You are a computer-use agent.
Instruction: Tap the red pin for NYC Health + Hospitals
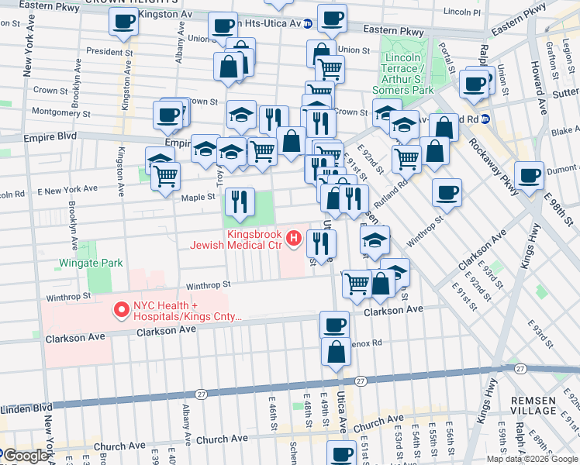121,311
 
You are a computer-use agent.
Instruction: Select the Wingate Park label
91,263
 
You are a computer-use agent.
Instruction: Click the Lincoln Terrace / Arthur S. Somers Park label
409,74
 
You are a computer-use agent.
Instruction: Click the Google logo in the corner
26,456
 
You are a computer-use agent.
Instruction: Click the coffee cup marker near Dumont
529,175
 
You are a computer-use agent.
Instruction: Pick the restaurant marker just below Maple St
240,201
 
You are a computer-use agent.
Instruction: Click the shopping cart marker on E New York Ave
165,177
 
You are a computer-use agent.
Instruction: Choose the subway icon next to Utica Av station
307,23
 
